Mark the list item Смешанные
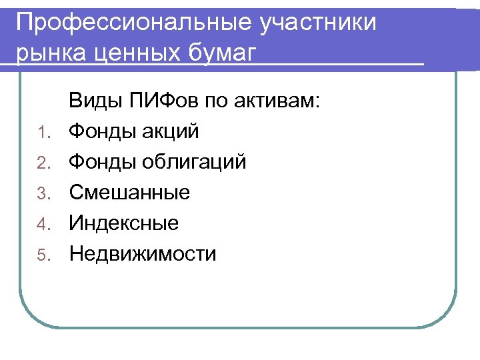pos(130,193)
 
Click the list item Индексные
pos(124,223)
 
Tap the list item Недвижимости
pos(143,254)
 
